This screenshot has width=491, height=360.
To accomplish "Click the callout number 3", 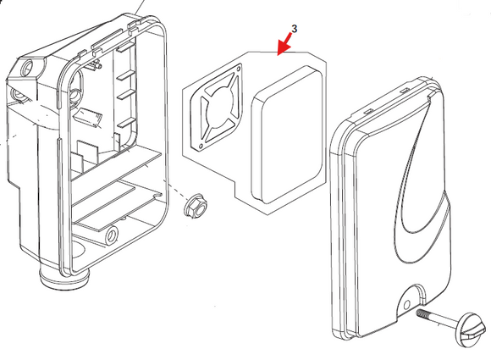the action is pos(294,29).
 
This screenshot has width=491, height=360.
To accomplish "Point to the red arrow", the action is pos(285,44).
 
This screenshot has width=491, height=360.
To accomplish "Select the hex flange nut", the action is pos(196,206).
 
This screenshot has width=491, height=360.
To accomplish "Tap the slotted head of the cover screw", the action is pos(472,330).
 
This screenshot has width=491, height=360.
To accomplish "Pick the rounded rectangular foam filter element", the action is pos(287,135).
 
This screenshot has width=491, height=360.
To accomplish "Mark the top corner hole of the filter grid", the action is pos(239,69).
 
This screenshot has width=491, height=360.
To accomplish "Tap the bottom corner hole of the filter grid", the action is pos(200,146).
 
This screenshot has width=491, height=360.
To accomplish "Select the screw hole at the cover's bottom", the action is pos(406,305).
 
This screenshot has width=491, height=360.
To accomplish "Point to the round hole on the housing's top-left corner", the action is pos(28,67).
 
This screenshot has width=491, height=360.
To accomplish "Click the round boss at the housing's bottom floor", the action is pos(112,235).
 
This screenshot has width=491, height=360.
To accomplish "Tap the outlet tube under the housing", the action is pos(65,276).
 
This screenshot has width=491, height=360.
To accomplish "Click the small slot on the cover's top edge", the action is pos(405,91).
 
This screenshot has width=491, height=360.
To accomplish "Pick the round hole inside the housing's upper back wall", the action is pos(75,95).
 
